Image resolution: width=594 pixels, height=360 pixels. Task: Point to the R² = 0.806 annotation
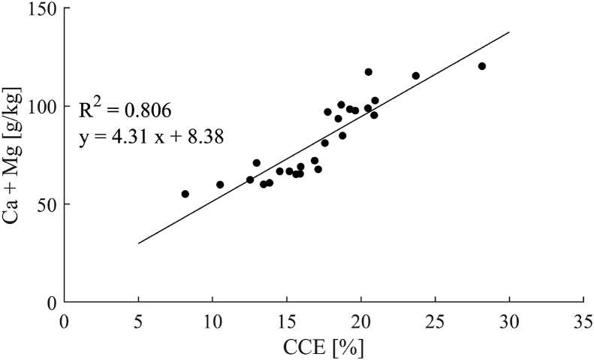[125, 110]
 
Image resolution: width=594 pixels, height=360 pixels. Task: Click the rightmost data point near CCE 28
[482, 66]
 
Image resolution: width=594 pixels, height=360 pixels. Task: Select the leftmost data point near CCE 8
[185, 194]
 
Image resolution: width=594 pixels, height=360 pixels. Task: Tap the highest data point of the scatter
[369, 72]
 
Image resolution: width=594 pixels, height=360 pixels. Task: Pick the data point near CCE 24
[416, 76]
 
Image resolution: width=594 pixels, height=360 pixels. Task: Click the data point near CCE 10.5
[220, 185]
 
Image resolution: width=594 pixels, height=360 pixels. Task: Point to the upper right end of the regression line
[509, 32]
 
